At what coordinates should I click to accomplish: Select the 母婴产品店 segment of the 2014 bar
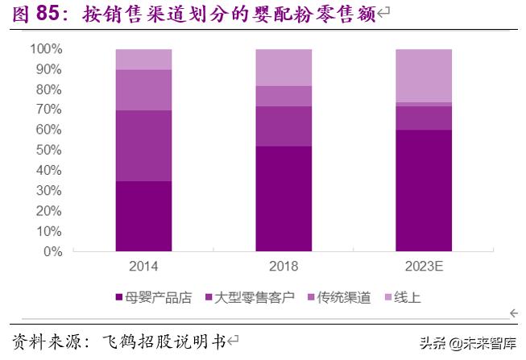143,216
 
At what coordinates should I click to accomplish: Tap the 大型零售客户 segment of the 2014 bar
143,146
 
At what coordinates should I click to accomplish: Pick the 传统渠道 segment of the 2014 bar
143,90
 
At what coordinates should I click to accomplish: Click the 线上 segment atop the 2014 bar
143,60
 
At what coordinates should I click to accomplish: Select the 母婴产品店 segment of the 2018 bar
284,199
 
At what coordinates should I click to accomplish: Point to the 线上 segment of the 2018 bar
284,68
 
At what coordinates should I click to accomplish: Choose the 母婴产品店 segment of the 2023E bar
423,191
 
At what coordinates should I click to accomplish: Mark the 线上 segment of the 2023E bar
423,76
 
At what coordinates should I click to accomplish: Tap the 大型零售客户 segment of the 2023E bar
423,118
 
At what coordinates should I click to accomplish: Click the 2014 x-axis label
143,267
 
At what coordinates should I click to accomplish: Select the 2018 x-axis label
284,267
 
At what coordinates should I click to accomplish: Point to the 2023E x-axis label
423,267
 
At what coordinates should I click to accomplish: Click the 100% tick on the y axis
46,49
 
